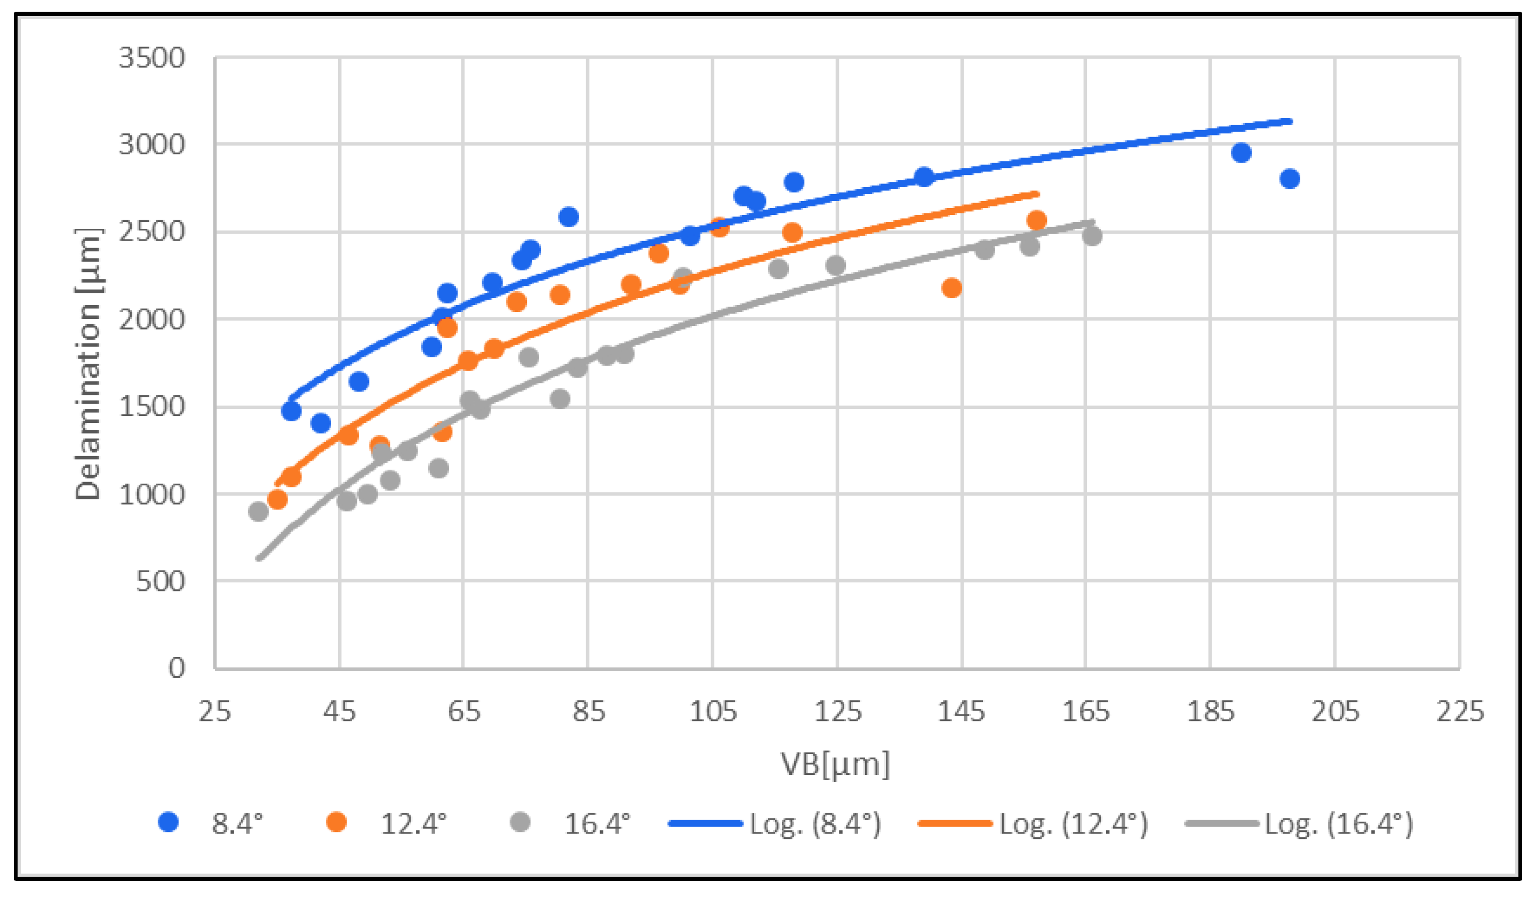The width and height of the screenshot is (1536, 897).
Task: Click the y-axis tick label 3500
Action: click(x=151, y=59)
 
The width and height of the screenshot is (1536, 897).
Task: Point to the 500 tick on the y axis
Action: click(x=159, y=581)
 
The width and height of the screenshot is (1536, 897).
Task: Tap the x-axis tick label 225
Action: click(x=1460, y=711)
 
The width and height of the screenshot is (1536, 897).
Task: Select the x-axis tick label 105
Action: click(x=713, y=711)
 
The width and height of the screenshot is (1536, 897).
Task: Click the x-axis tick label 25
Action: click(x=214, y=711)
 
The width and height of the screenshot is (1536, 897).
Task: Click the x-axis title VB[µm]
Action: click(x=836, y=764)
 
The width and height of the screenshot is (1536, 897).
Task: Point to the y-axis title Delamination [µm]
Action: click(x=88, y=364)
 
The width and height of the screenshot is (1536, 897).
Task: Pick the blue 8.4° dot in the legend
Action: click(x=168, y=823)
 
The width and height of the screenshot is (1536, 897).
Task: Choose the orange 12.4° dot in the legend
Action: click(x=337, y=823)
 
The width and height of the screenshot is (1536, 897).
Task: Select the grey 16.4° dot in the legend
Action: click(x=520, y=823)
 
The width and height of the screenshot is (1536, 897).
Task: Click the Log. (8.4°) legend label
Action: click(x=815, y=824)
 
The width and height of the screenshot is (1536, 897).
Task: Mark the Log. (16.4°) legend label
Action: click(x=1338, y=824)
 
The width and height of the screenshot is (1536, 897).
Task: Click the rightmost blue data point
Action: click(x=1290, y=179)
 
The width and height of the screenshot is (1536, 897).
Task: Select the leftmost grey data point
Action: click(x=259, y=511)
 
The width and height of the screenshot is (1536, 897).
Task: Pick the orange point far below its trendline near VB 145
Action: click(x=951, y=287)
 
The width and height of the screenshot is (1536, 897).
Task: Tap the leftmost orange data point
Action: click(x=277, y=500)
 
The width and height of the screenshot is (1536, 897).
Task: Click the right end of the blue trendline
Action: click(x=1290, y=121)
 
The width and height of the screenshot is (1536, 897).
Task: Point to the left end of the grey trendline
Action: click(x=259, y=558)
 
